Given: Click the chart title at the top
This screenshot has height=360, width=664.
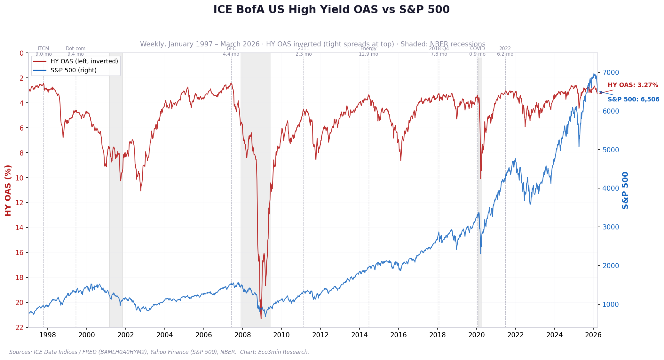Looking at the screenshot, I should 331,10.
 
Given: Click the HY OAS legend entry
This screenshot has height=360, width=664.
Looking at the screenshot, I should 84,61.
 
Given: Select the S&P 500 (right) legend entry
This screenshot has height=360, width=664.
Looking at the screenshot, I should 73,70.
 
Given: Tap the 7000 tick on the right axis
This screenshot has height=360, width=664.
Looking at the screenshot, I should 611,72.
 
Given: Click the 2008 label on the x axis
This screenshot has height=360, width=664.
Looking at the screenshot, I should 242,335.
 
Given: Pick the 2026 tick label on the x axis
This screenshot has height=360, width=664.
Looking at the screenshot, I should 593,335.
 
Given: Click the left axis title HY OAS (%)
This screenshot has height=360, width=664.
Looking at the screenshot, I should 8,190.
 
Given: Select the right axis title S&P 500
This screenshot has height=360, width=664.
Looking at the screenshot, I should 625,190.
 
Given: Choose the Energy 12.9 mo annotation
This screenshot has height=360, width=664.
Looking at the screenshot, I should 368,52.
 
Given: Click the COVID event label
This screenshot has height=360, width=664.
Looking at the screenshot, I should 477,49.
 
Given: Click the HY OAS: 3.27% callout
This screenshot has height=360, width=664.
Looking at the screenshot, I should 633,85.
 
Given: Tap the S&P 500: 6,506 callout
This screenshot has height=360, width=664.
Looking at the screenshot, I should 633,100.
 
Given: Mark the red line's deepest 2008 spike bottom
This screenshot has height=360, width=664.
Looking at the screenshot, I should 261,318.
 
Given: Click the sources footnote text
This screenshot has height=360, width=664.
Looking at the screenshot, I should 159,352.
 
